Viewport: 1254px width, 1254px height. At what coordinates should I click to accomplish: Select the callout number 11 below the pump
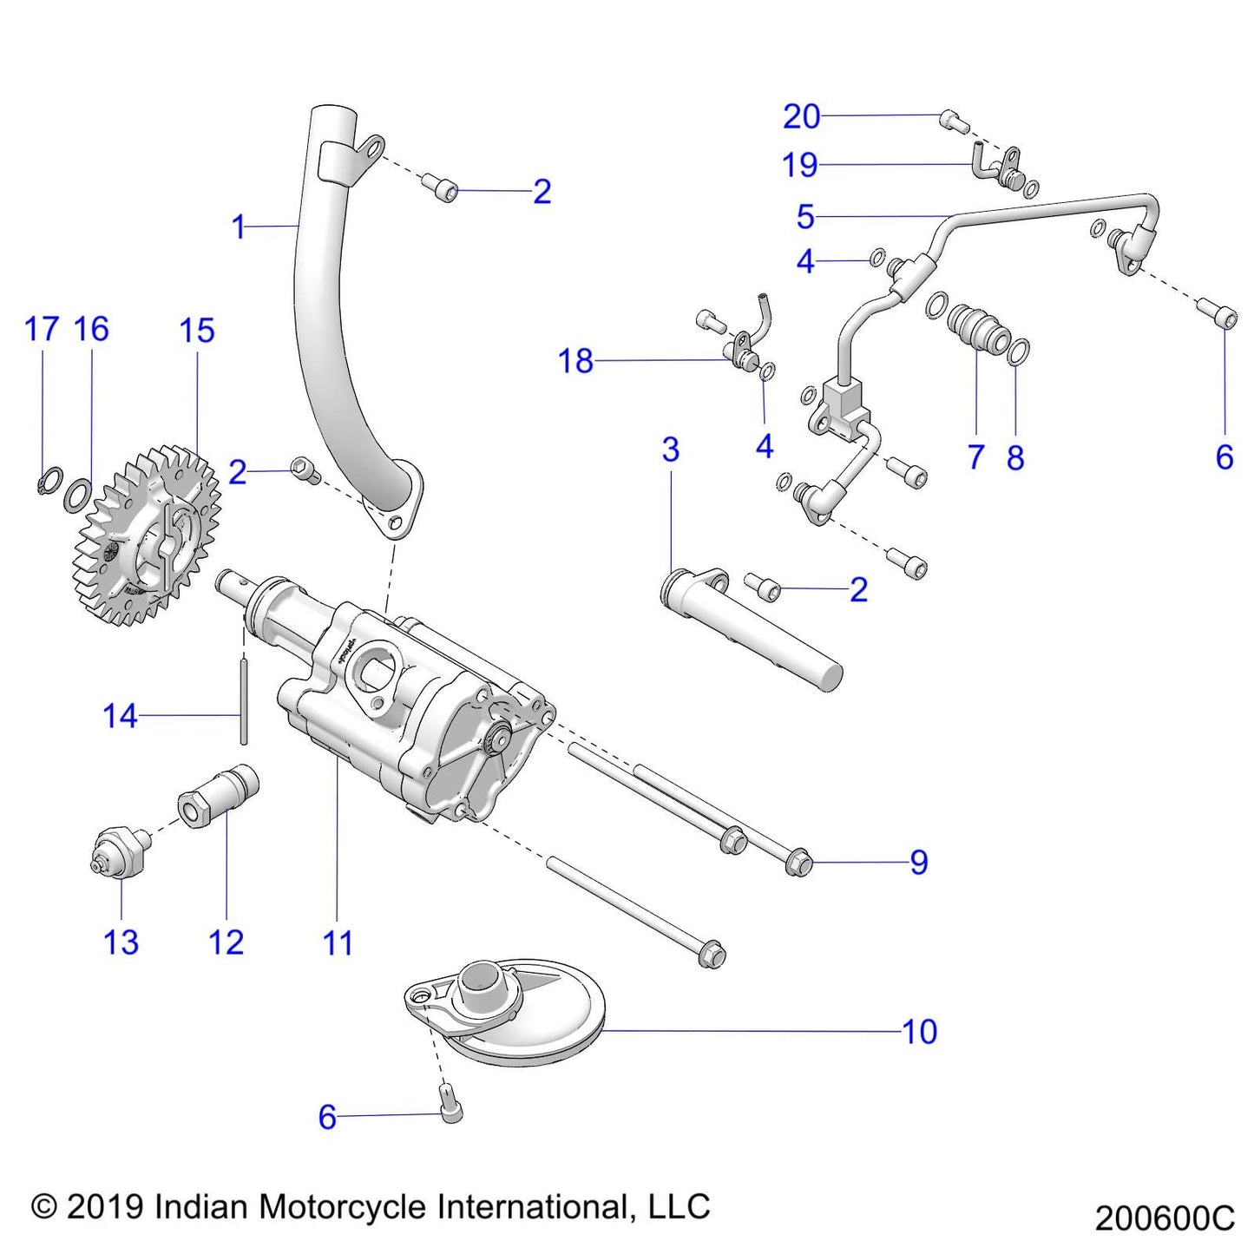[338, 942]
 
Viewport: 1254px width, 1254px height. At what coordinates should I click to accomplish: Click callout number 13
[121, 942]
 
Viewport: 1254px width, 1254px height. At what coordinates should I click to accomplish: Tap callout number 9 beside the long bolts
[919, 862]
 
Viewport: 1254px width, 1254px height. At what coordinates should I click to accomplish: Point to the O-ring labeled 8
[1021, 351]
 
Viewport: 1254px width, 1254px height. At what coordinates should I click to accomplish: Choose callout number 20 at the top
[801, 116]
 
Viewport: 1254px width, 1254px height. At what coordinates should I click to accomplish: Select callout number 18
[575, 361]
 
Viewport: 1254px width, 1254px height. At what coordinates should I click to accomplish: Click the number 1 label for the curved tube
[239, 227]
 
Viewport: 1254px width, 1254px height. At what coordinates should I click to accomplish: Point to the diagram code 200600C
[1165, 1218]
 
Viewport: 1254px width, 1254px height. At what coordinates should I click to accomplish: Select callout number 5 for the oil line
[805, 216]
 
